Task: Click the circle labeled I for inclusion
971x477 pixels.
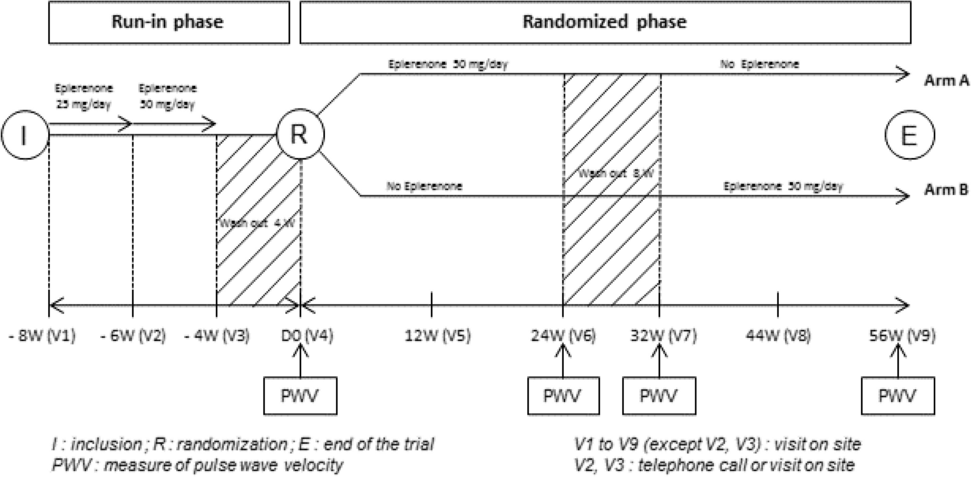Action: coord(24,135)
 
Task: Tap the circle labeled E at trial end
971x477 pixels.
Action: coord(909,135)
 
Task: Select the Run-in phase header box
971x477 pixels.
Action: coord(169,22)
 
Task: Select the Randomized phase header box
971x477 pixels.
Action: coord(605,22)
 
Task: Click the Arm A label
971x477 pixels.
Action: coord(946,80)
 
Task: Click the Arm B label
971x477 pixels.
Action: coord(946,190)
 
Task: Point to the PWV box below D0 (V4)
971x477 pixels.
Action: coord(300,396)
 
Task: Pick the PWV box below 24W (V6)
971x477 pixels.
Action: coord(563,396)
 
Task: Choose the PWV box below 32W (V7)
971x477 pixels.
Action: coord(659,396)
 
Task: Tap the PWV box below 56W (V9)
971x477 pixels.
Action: coord(897,396)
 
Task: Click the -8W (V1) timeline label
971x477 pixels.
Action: coord(42,336)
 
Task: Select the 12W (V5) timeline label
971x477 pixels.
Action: coord(437,336)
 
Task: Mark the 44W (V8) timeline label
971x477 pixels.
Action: coord(778,336)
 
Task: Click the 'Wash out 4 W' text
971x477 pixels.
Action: coord(257,223)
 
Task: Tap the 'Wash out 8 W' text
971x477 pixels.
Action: coord(616,174)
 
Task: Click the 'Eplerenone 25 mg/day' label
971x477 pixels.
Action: coord(84,96)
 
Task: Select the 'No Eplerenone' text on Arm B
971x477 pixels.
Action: coord(424,186)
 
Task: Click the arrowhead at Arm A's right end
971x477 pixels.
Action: coord(904,74)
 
